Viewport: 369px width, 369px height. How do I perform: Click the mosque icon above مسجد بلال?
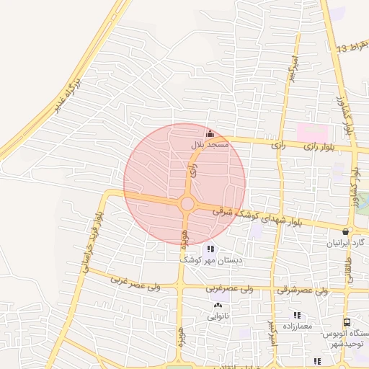[x=210, y=133]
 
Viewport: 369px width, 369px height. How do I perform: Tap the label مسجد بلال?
[x=209, y=145]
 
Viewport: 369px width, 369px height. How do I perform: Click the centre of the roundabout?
[x=187, y=204]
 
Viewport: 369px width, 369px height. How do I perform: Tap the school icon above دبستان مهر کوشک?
[x=210, y=248]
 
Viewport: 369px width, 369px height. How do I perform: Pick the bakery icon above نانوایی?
[x=218, y=306]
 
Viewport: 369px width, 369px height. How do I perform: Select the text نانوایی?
[x=218, y=316]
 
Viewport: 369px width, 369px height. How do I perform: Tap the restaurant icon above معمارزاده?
[x=296, y=315]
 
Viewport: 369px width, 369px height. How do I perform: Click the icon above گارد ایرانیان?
[x=346, y=232]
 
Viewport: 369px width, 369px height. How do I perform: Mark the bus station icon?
[x=347, y=323]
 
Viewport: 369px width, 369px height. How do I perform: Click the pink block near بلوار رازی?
[x=312, y=133]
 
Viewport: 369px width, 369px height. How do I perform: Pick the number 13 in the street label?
[x=342, y=47]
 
